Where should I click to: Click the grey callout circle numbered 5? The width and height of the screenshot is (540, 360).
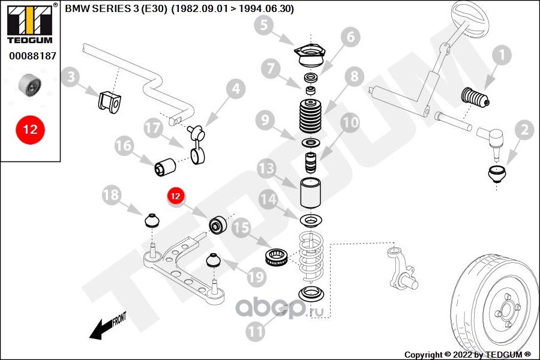[x=265, y=25]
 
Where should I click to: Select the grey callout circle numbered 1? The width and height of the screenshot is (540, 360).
[x=502, y=56]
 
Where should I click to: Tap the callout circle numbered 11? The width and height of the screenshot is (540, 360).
[x=257, y=330]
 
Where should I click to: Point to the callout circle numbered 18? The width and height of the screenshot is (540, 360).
[x=111, y=195]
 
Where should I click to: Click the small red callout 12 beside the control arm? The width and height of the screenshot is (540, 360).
[x=176, y=196]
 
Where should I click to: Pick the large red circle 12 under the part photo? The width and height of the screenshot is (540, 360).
[x=30, y=128]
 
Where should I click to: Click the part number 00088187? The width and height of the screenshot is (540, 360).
[x=32, y=55]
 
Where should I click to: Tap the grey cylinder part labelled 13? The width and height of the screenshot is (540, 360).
[x=310, y=192]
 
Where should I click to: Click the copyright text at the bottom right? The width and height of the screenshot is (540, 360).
[x=467, y=354]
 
